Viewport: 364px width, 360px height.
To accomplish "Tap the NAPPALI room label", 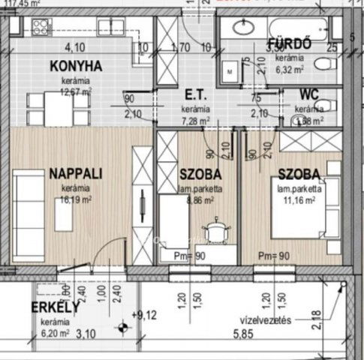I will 76,174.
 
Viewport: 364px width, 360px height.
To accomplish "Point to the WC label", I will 308,95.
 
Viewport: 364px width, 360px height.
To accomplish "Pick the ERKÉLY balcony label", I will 56,308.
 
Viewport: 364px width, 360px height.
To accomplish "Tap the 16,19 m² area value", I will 77,199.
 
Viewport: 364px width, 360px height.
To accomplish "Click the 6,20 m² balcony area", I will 55,332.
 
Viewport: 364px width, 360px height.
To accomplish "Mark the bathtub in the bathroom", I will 274,28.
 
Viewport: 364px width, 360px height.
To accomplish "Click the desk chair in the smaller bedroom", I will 217,229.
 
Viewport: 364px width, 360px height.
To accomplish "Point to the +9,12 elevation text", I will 145,315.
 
